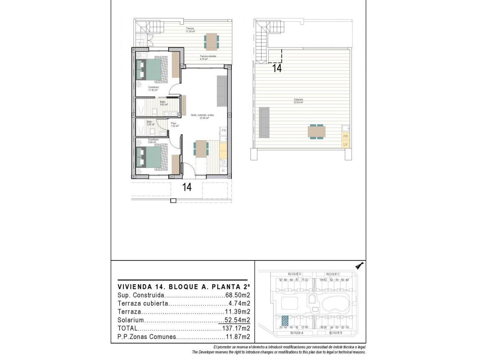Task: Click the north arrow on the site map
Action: pos(359,265)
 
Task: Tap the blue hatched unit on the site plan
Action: pos(285,320)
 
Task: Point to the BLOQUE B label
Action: pos(336,332)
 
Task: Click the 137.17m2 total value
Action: pos(238,328)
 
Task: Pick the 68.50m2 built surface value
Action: pos(238,295)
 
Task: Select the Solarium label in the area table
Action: pos(131,320)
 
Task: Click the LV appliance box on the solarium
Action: pos(346,145)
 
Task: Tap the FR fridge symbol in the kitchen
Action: pos(223,131)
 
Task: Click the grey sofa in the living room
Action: pos(221,91)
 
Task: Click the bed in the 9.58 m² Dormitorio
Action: pos(151,157)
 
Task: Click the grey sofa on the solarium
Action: pos(264,122)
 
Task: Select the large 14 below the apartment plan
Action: pos(187,187)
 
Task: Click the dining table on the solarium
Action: pos(317,131)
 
